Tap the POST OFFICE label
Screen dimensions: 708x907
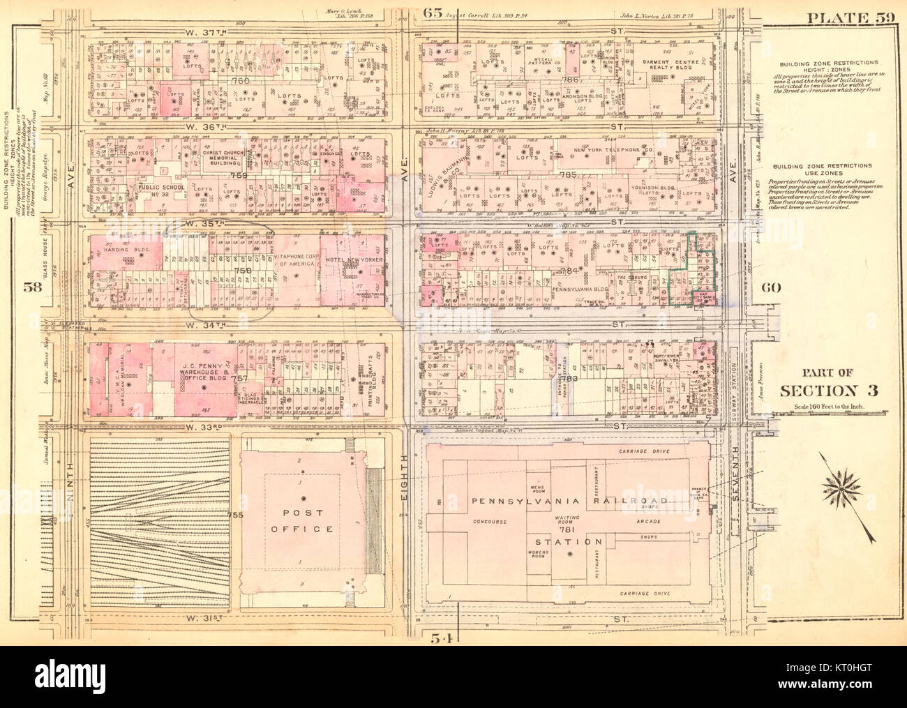(303, 520)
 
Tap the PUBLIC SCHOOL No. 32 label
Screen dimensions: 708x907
(161, 191)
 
